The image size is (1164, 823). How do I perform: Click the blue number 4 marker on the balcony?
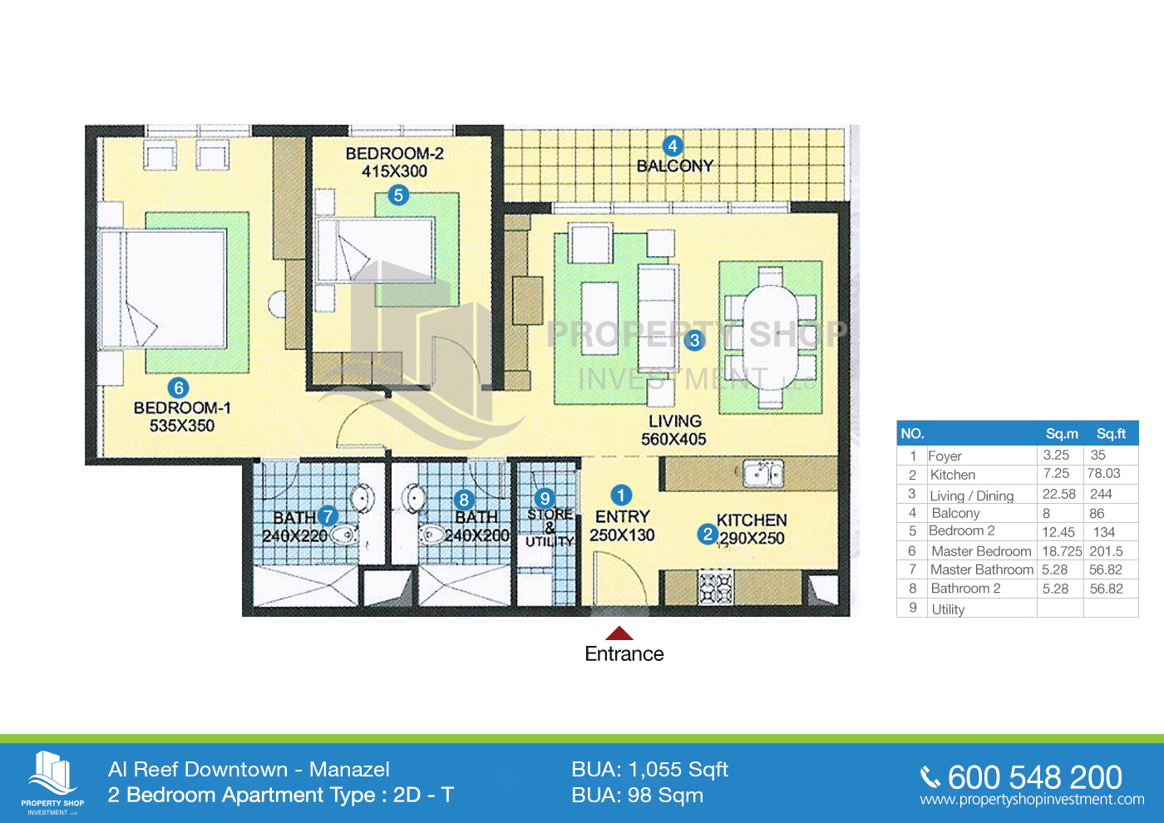point(673,145)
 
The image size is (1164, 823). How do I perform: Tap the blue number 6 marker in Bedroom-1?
point(178,387)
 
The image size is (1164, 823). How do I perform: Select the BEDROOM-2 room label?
point(394,153)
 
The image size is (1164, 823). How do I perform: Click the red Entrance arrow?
point(619,633)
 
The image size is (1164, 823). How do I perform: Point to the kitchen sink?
point(762,473)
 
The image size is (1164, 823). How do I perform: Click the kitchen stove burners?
point(716,589)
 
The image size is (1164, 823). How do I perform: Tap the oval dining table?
point(770,337)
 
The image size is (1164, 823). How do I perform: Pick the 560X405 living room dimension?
point(673,439)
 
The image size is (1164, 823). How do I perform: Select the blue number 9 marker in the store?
point(545,498)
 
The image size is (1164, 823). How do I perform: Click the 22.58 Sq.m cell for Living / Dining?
point(1058,494)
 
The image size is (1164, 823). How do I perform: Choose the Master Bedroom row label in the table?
point(981,550)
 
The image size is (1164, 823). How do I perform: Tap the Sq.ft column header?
point(1111,433)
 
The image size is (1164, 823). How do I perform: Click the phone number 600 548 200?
point(1034,777)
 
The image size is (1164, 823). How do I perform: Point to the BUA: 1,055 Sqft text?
point(649,770)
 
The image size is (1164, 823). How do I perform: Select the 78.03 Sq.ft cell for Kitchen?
point(1104,473)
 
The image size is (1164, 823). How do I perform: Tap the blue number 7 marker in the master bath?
point(328,516)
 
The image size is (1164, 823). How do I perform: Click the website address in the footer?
point(1032,800)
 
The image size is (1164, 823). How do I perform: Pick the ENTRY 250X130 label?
point(622,525)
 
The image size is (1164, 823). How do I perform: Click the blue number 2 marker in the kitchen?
point(708,534)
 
